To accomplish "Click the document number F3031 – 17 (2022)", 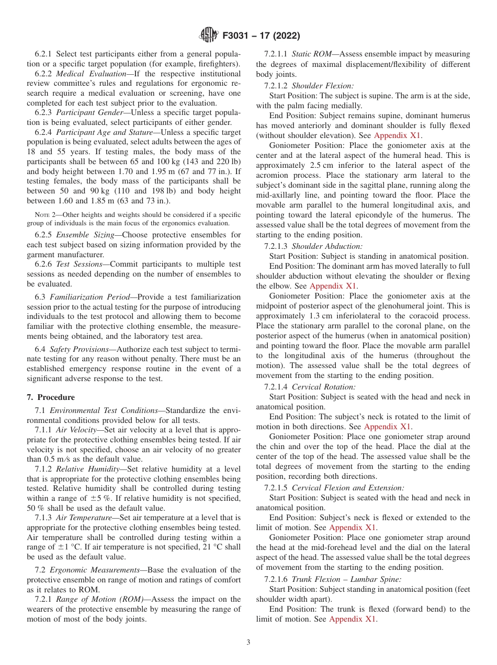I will [261, 36].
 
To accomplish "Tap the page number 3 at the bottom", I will [249, 642].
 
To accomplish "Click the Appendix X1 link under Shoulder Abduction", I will [333, 286].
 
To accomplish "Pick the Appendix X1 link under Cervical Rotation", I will [388, 427].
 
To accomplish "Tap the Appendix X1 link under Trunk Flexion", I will [353, 619].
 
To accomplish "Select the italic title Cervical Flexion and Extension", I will [347, 488].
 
